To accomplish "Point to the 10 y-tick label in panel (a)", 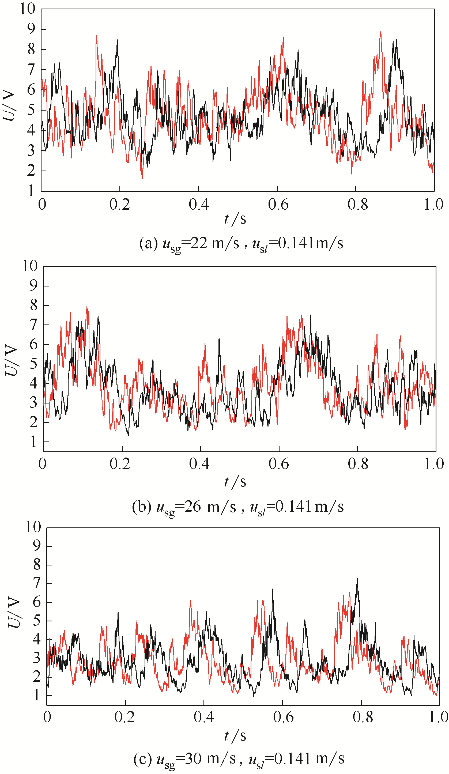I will coord(28,9).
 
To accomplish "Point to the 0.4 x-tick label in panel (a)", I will coord(199,205).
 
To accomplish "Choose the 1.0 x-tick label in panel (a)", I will coord(433,205).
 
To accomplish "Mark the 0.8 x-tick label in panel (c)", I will coord(363,717).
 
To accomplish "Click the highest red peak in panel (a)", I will coord(381,32).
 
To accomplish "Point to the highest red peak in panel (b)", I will coord(87,307).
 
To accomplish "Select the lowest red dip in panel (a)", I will coord(142,178).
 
